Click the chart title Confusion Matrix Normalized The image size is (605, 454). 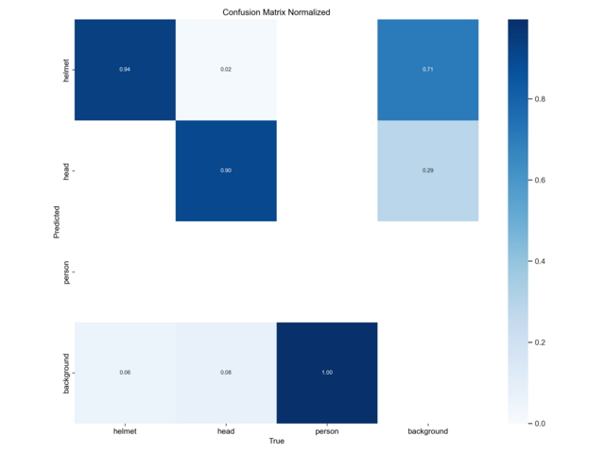(276, 11)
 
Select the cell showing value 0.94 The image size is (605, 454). (125, 70)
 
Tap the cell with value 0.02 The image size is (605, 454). (226, 70)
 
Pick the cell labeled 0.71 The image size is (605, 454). (427, 70)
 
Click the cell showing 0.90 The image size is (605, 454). (226, 170)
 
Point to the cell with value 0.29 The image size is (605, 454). (427, 170)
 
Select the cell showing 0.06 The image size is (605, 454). (125, 373)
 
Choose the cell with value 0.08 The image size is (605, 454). (226, 373)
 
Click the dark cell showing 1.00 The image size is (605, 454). (327, 373)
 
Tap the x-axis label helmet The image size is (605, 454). (125, 431)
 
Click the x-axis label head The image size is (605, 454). (226, 431)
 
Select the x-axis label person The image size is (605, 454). (327, 431)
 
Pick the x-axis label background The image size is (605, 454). (427, 431)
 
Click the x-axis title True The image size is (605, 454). (276, 442)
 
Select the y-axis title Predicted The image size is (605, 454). (56, 221)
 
